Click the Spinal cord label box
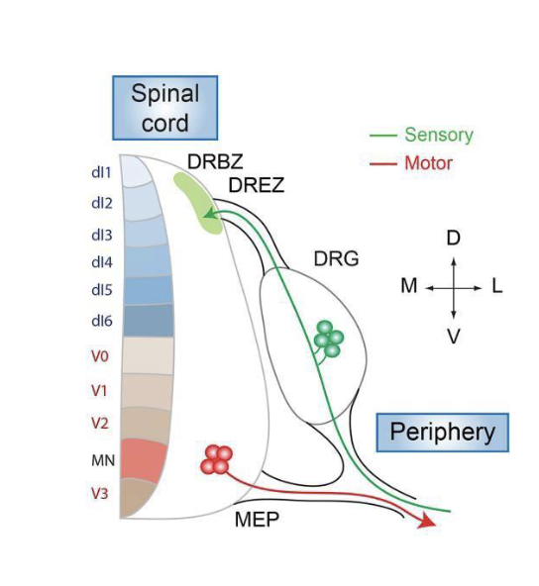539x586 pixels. [165, 108]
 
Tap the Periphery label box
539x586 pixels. [441, 433]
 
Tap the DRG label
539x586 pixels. [337, 259]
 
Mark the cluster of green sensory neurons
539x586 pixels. [329, 339]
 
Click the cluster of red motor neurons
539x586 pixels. [216, 459]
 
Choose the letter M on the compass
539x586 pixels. [408, 287]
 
